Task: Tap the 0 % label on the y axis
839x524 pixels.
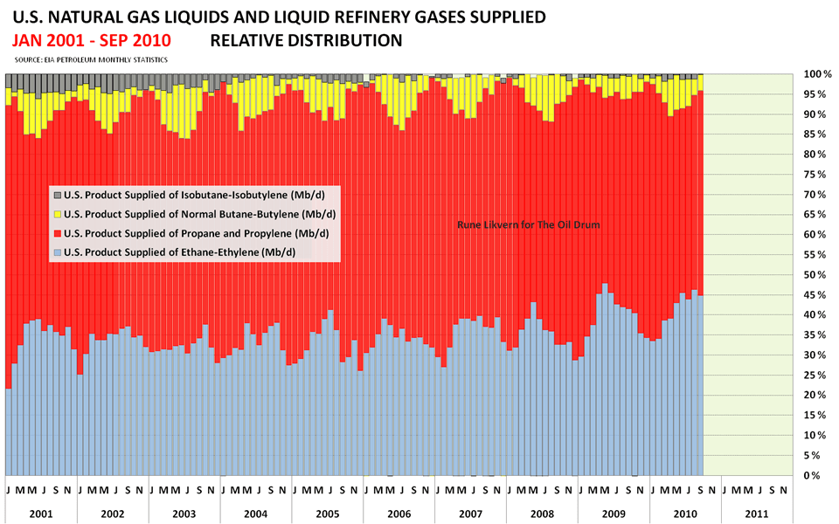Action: click(x=816, y=475)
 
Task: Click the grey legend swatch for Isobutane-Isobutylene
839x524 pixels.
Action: click(x=58, y=195)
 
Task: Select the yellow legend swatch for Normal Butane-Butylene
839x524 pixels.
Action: click(x=58, y=214)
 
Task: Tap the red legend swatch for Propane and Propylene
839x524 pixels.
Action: click(x=58, y=233)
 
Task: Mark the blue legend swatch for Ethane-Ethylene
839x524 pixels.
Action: click(x=58, y=252)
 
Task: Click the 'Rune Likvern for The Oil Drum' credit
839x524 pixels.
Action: click(x=528, y=224)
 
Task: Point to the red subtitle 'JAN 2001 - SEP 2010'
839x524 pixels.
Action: click(x=92, y=40)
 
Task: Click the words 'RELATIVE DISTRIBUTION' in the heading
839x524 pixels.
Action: click(x=306, y=40)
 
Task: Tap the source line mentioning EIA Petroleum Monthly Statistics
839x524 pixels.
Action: click(x=92, y=59)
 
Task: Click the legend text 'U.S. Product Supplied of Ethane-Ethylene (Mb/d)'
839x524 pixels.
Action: click(x=180, y=252)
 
